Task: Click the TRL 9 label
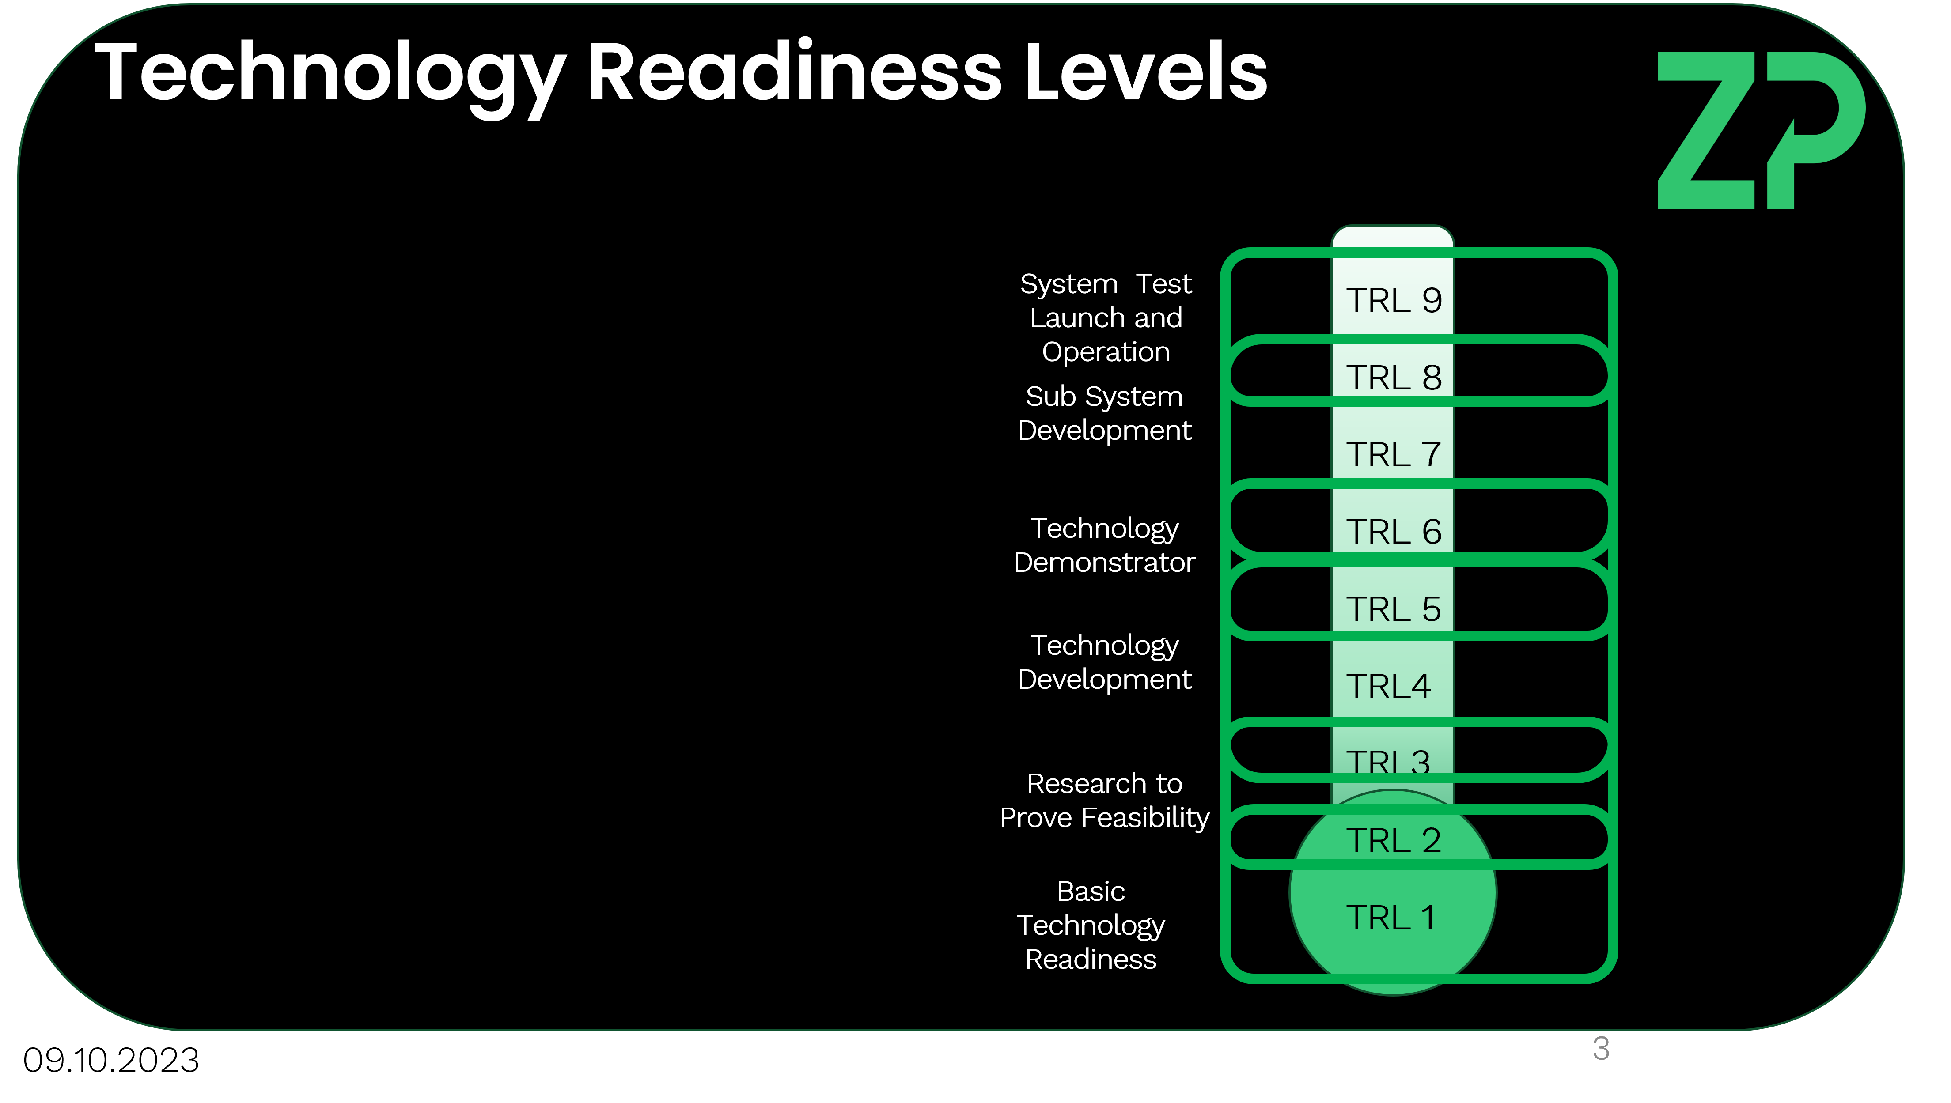point(1393,301)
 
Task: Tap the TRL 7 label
point(1393,454)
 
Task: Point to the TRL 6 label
point(1393,532)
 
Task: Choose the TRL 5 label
point(1393,609)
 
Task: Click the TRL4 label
point(1388,686)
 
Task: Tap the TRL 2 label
point(1393,841)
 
